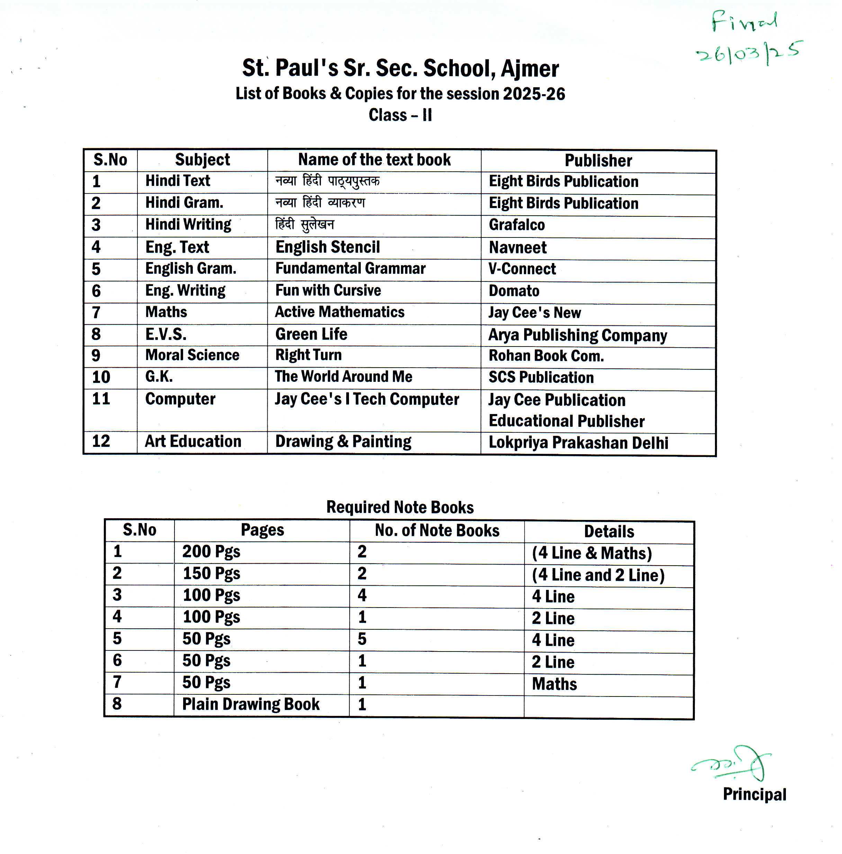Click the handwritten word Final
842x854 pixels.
[x=744, y=22]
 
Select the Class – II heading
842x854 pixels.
[x=400, y=115]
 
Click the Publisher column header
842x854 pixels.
[x=598, y=161]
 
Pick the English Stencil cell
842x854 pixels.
[x=328, y=247]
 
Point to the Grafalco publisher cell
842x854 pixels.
[x=517, y=225]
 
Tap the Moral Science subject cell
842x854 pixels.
[x=192, y=355]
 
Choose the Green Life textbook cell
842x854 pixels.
[x=311, y=334]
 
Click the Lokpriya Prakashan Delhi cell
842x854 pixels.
[x=578, y=443]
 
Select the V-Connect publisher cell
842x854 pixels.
[x=522, y=269]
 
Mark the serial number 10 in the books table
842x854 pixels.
[x=101, y=377]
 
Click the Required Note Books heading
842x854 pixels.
[x=400, y=507]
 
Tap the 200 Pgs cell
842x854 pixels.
[x=211, y=552]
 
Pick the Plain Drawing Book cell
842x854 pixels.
[x=251, y=704]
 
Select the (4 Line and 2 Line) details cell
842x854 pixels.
[x=598, y=575]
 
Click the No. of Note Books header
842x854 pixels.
[x=437, y=530]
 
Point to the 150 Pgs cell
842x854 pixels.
[x=211, y=573]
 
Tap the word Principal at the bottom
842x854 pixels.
[x=754, y=794]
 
